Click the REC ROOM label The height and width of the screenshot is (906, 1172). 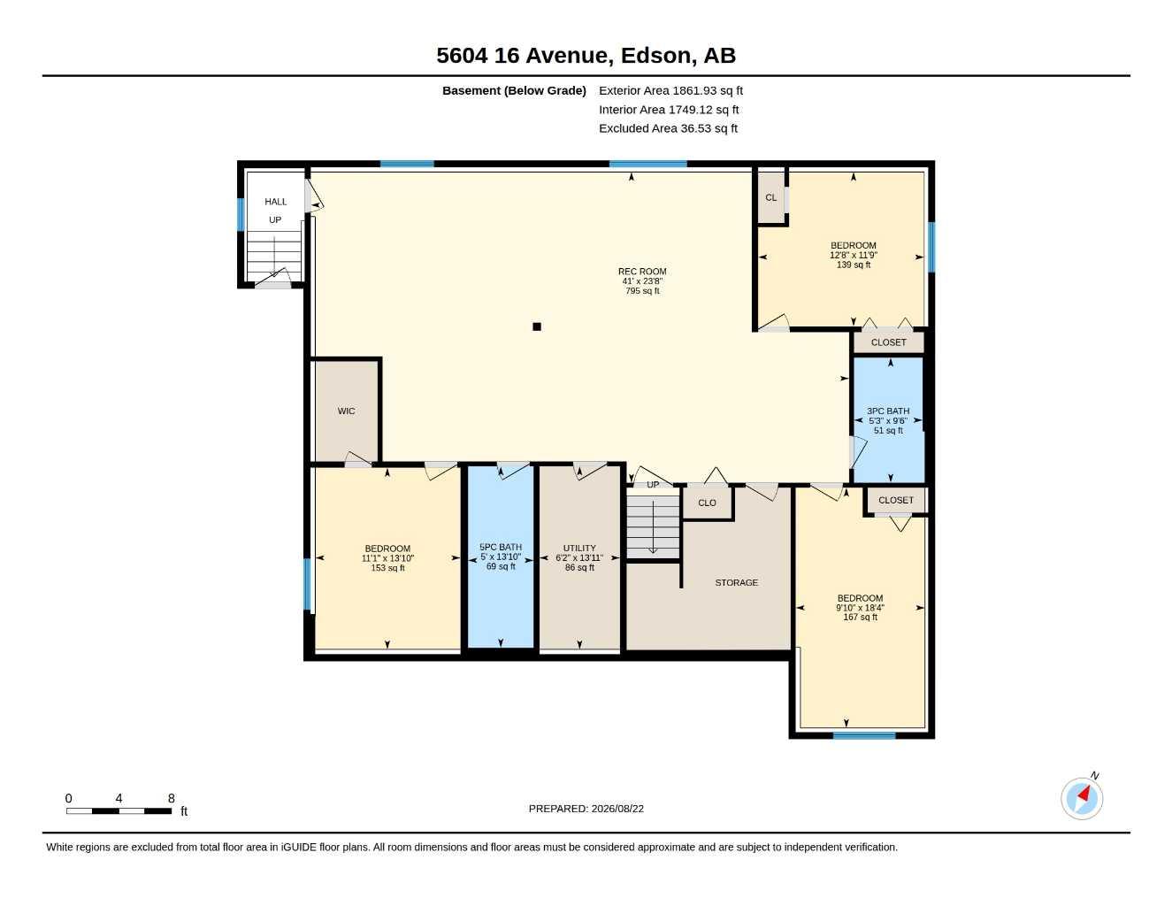point(642,272)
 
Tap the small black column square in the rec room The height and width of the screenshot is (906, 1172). point(537,326)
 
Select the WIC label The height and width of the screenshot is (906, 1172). point(346,411)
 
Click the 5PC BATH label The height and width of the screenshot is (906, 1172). point(501,547)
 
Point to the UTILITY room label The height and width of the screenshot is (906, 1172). point(579,548)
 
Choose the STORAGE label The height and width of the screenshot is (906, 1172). point(736,582)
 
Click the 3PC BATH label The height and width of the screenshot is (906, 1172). point(888,411)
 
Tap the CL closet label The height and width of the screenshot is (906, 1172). point(770,197)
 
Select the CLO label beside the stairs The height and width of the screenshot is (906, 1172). point(707,503)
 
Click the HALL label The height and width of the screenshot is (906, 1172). point(276,202)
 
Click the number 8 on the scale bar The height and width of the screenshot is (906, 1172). point(171,798)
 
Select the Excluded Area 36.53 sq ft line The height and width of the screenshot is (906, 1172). point(668,128)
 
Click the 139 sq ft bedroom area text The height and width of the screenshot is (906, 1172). point(854,265)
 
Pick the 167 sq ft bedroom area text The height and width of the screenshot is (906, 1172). point(861,617)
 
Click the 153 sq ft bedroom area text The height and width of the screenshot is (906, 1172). point(387,568)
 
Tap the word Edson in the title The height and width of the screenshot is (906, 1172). point(655,56)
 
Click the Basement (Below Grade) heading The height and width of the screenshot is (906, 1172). point(514,90)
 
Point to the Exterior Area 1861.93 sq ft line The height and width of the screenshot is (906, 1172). point(670,90)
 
